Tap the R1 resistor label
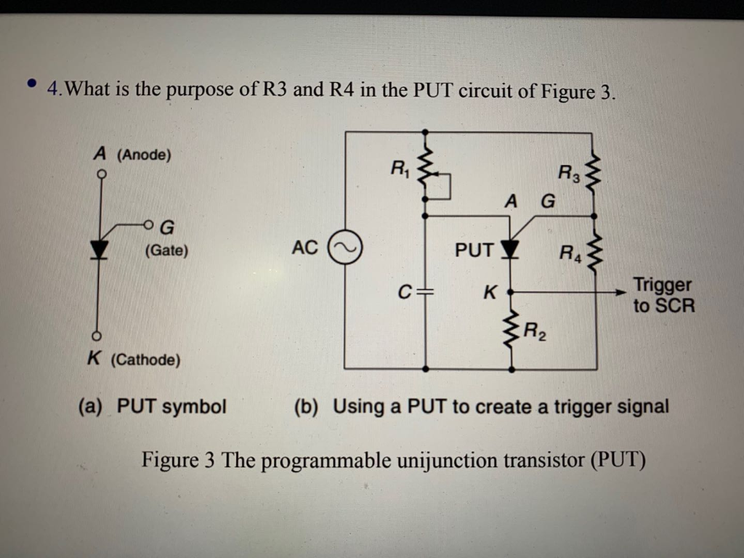pyautogui.click(x=400, y=169)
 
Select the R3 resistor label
pyautogui.click(x=569, y=174)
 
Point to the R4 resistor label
pyautogui.click(x=570, y=254)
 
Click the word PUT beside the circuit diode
pyautogui.click(x=474, y=250)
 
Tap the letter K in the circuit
pyautogui.click(x=490, y=294)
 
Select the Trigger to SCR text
pyautogui.click(x=662, y=295)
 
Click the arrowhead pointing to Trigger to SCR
pyautogui.click(x=618, y=292)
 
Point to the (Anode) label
pyautogui.click(x=144, y=155)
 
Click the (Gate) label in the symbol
pyautogui.click(x=166, y=251)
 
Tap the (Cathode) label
pyautogui.click(x=145, y=360)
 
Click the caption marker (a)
pyautogui.click(x=91, y=406)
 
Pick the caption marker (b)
pyautogui.click(x=307, y=406)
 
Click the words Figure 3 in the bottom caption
pyautogui.click(x=178, y=460)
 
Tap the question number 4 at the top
pyautogui.click(x=52, y=90)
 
